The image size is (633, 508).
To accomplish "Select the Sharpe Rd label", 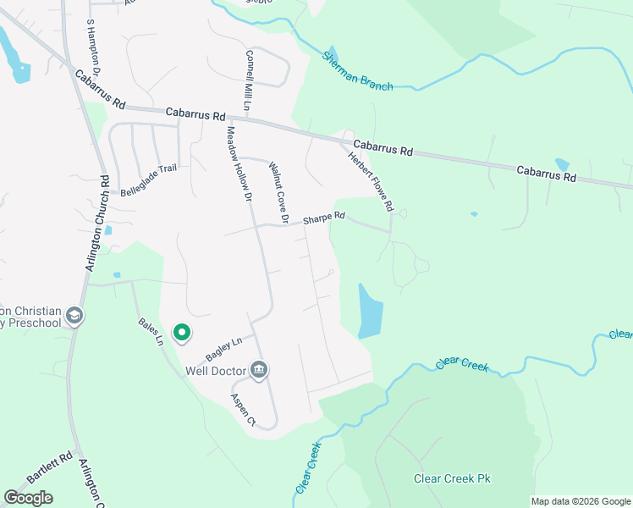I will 324,217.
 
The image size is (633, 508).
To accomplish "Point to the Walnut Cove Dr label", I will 277,187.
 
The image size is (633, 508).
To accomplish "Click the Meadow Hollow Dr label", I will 238,164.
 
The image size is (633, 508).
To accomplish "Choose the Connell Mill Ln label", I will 247,80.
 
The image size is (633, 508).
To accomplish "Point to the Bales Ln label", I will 151,334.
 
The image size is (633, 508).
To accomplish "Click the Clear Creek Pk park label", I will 452,478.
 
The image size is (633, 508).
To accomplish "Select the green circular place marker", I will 181,333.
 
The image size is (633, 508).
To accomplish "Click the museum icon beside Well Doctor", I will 259,370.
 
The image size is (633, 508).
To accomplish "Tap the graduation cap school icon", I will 74,316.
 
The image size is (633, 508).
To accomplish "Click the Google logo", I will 28,498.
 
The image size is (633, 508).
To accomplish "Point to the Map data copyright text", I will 581,501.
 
